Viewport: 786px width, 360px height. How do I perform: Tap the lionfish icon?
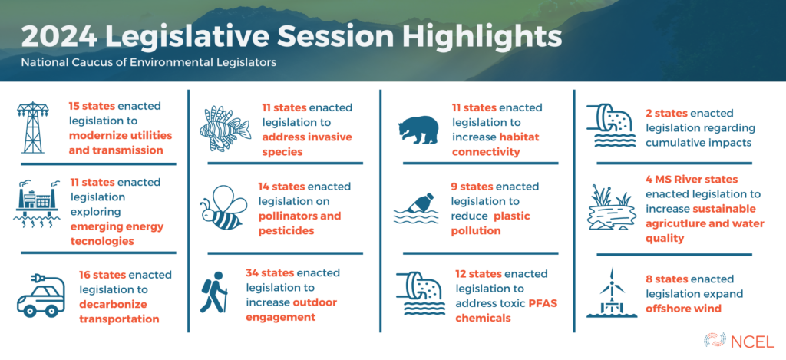(x=225, y=128)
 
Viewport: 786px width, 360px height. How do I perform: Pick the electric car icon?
(x=41, y=296)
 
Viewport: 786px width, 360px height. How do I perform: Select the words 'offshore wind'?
(x=683, y=308)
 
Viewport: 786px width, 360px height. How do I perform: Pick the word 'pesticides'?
(x=286, y=230)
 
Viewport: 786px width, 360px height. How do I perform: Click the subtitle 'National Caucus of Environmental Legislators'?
(x=148, y=63)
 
